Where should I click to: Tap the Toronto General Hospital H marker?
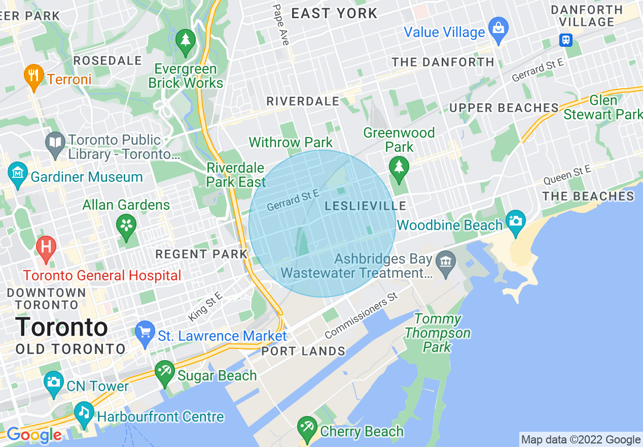pos(46,247)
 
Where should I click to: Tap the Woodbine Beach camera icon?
pos(516,221)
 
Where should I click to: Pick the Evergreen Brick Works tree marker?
pos(186,40)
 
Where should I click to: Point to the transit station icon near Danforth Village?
pos(566,40)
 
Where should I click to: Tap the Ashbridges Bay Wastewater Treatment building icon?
pos(446,263)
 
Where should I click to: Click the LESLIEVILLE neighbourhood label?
pos(366,206)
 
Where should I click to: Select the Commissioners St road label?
pos(361,318)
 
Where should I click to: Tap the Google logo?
pos(33,435)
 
